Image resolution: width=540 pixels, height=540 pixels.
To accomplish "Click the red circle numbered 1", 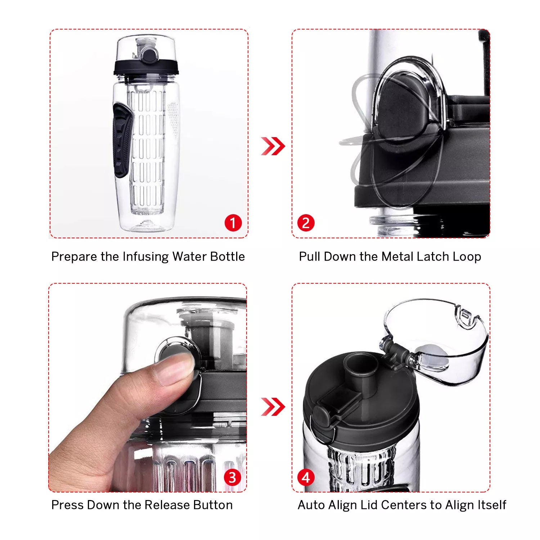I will [233, 223].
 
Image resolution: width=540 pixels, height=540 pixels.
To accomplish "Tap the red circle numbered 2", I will [306, 223].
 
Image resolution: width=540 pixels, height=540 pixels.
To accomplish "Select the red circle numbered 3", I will [233, 477].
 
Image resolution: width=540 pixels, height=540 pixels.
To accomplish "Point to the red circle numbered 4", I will [306, 477].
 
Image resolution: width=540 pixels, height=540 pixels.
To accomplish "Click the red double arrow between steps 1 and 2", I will [273, 146].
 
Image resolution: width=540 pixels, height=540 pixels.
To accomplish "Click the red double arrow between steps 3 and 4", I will [273, 406].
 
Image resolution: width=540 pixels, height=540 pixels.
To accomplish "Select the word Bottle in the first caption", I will [227, 257].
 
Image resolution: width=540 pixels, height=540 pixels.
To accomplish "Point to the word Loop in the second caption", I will [467, 257].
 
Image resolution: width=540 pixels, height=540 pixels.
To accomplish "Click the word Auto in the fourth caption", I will [311, 505].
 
